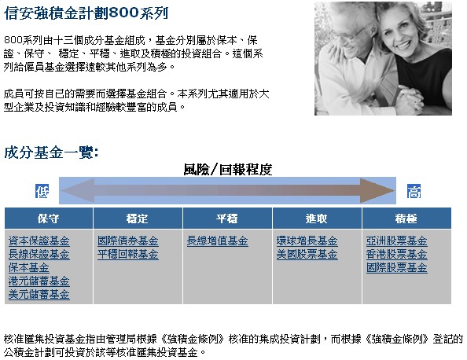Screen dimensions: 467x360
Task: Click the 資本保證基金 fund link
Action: [x=39, y=241]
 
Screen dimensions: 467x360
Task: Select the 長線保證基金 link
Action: [x=39, y=255]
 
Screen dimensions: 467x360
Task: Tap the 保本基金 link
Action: [x=28, y=268]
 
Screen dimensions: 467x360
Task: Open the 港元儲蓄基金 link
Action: [x=39, y=281]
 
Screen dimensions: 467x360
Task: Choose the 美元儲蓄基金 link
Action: [x=39, y=295]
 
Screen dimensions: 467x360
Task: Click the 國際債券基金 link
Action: [x=128, y=241]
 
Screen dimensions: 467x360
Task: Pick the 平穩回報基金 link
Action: [x=128, y=255]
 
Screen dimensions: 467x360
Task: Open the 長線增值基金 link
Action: [x=218, y=241]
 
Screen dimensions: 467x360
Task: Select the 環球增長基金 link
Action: [x=307, y=241]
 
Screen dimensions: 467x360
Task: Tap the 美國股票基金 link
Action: [x=307, y=255]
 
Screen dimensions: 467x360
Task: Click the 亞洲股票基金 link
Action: [x=397, y=241]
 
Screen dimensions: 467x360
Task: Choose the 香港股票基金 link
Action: [x=397, y=255]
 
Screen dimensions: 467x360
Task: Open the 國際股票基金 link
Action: [x=397, y=268]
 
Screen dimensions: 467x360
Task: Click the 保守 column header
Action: [x=48, y=219]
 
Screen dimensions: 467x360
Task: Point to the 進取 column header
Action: [x=316, y=219]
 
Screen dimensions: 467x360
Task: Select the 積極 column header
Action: [x=406, y=219]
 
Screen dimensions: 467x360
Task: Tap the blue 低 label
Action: [x=42, y=191]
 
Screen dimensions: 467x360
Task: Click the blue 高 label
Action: [x=414, y=191]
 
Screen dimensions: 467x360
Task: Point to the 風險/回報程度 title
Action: [x=228, y=170]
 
